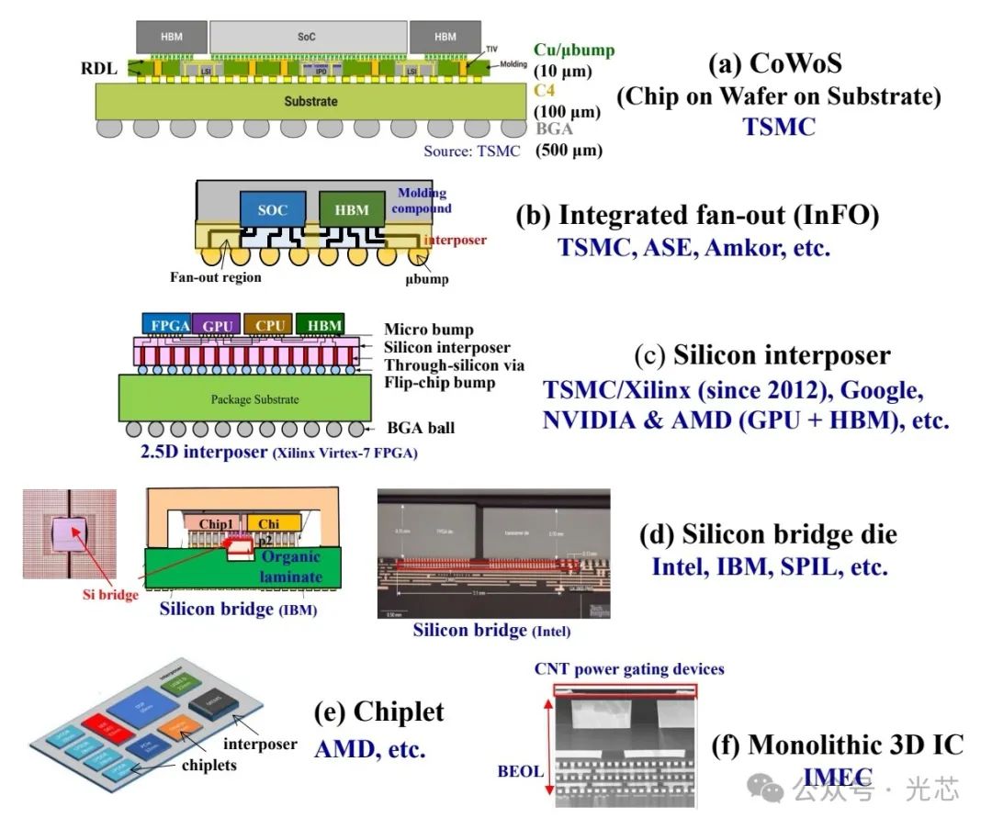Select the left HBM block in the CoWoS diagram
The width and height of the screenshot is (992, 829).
[171, 37]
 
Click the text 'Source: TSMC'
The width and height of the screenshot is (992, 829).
[471, 151]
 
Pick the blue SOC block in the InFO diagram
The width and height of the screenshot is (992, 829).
[272, 210]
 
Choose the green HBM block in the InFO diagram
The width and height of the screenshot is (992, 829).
[351, 210]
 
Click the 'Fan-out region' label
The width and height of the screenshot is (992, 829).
[215, 277]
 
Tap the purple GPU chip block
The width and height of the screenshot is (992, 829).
[218, 325]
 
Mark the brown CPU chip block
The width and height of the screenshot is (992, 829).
[268, 325]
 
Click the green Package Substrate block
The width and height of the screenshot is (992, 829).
[254, 399]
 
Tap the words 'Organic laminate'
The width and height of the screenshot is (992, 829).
[289, 566]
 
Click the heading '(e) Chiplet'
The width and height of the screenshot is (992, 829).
[378, 711]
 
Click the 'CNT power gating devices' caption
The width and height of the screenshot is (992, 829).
[629, 669]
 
